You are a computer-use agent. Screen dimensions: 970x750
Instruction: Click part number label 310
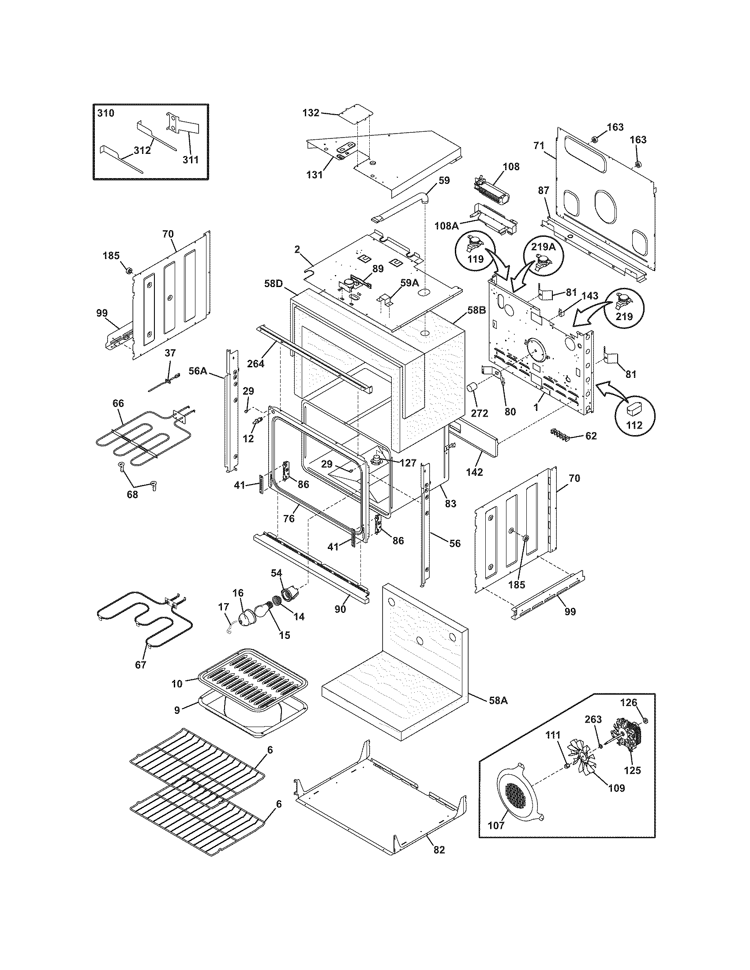pos(106,113)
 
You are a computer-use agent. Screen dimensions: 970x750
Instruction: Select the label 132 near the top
pos(311,113)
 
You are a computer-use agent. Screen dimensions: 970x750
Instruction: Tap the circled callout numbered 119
pos(475,252)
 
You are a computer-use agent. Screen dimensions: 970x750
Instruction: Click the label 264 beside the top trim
pos(256,363)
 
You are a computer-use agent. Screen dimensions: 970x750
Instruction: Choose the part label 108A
pos(447,226)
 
